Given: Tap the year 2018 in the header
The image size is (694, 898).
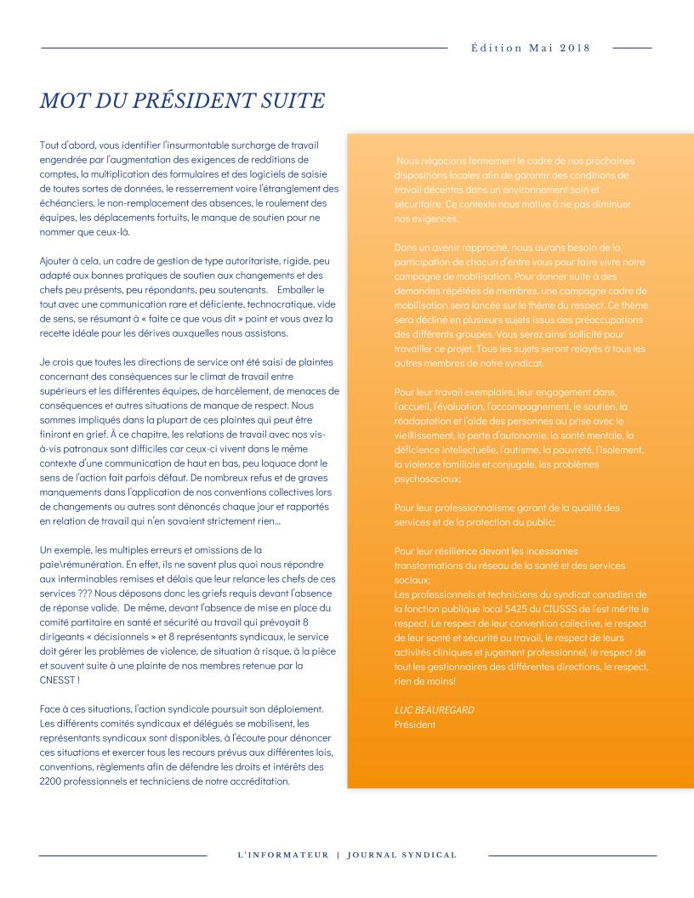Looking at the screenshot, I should [575, 48].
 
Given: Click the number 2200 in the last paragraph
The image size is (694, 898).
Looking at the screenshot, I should [53, 780].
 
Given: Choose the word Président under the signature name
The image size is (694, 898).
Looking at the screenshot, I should [415, 724].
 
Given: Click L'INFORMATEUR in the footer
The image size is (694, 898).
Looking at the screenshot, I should [283, 855].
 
